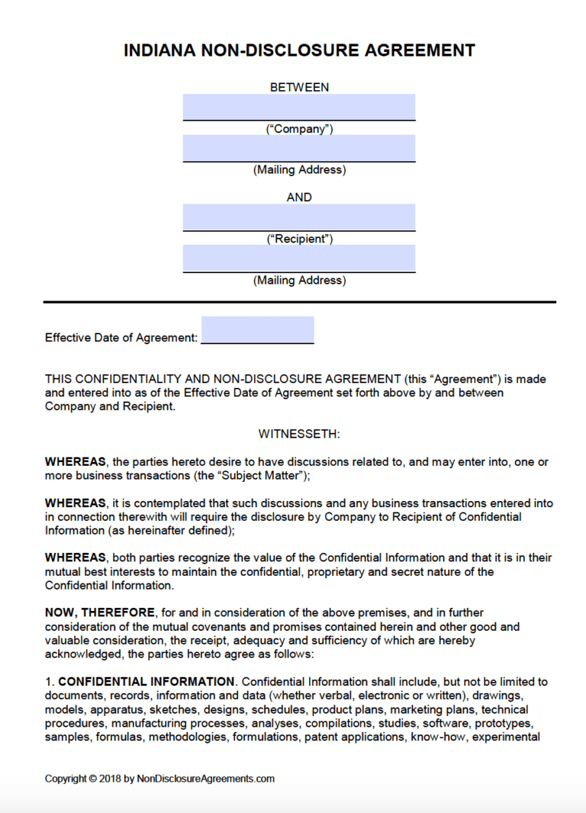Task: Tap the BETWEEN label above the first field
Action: [x=299, y=87]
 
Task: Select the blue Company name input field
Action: [x=299, y=107]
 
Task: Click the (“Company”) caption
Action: [x=299, y=129]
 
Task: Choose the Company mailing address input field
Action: [x=299, y=148]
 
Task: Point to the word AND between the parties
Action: [x=299, y=197]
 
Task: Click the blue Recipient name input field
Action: [x=299, y=217]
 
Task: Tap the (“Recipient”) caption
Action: [x=299, y=239]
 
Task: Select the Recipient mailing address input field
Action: [x=299, y=258]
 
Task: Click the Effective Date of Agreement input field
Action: [x=257, y=329]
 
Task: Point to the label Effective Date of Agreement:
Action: [x=121, y=337]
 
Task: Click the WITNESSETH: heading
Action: [x=299, y=434]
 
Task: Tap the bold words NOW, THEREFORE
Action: [x=100, y=613]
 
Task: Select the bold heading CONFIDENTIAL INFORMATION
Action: [x=146, y=681]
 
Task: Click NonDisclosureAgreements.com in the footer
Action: [x=206, y=779]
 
